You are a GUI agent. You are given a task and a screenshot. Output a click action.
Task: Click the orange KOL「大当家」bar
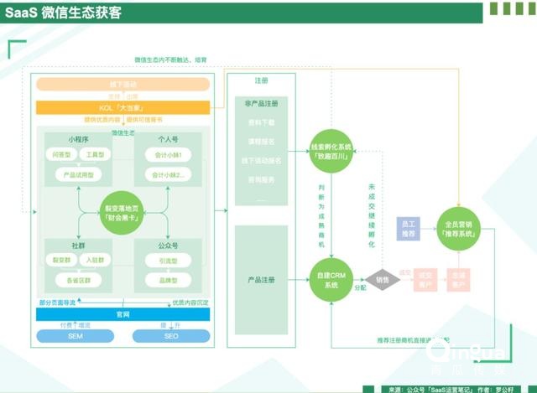point(123,107)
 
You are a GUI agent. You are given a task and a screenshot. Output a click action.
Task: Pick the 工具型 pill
point(95,155)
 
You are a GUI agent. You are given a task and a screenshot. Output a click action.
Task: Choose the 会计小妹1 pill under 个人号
point(169,155)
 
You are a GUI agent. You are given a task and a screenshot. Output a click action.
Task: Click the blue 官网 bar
point(123,314)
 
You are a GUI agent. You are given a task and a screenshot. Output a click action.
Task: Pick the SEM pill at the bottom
point(76,336)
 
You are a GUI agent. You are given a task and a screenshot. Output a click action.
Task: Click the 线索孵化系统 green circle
point(333,152)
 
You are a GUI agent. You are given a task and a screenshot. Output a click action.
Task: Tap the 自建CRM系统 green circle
point(333,280)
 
